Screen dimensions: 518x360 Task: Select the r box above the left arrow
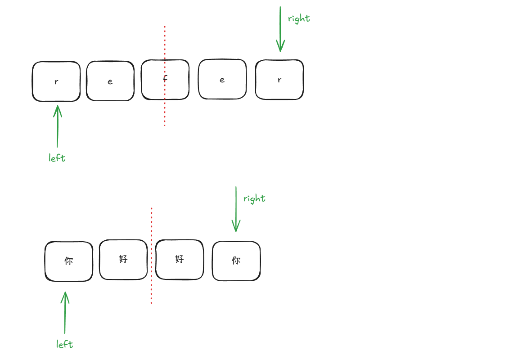pyautogui.click(x=56, y=81)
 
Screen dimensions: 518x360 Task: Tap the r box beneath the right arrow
pyautogui.click(x=279, y=80)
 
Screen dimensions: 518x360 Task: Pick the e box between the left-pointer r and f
pyautogui.click(x=110, y=81)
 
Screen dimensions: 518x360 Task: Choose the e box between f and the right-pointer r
pyautogui.click(x=222, y=79)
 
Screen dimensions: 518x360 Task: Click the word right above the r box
pyautogui.click(x=299, y=18)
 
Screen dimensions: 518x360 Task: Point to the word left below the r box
pyautogui.click(x=57, y=158)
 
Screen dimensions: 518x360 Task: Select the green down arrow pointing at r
pyautogui.click(x=280, y=29)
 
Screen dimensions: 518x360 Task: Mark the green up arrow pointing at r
pyautogui.click(x=57, y=126)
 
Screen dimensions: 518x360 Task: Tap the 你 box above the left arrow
pyautogui.click(x=69, y=261)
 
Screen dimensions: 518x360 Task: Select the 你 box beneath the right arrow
pyautogui.click(x=236, y=261)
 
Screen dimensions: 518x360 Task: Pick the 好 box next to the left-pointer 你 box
pyautogui.click(x=123, y=260)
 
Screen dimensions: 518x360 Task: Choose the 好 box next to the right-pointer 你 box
pyautogui.click(x=180, y=260)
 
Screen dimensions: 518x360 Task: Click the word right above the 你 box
pyautogui.click(x=254, y=198)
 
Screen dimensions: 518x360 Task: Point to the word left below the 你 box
pyautogui.click(x=65, y=344)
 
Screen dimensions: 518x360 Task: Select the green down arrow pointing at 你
pyautogui.click(x=236, y=209)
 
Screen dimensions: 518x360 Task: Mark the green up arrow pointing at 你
pyautogui.click(x=65, y=313)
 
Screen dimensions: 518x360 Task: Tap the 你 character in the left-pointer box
pyautogui.click(x=69, y=261)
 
